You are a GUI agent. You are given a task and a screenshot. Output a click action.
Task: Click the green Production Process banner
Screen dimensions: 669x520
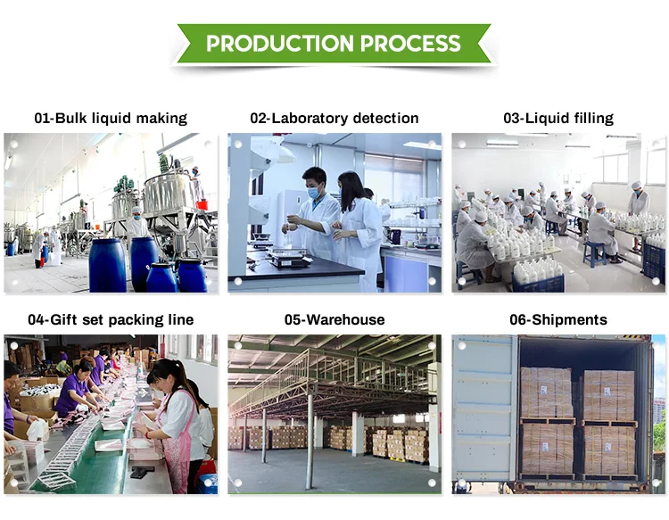[334, 44]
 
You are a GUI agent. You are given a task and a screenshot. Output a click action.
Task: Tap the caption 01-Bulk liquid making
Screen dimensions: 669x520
[111, 118]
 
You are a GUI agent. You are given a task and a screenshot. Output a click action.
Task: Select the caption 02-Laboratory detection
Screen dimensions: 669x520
[334, 118]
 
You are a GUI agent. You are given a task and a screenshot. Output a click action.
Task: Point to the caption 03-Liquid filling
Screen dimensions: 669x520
[557, 118]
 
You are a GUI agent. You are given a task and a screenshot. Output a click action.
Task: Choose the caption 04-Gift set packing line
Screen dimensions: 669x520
[111, 319]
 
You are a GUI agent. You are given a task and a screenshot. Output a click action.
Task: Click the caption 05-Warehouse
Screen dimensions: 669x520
[334, 319]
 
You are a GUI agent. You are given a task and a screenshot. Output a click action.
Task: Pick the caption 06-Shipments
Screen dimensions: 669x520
[557, 319]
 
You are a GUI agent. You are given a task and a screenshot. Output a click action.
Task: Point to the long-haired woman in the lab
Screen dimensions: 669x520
[355, 227]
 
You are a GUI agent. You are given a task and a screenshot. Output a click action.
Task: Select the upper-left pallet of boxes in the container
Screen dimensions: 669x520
[547, 392]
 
